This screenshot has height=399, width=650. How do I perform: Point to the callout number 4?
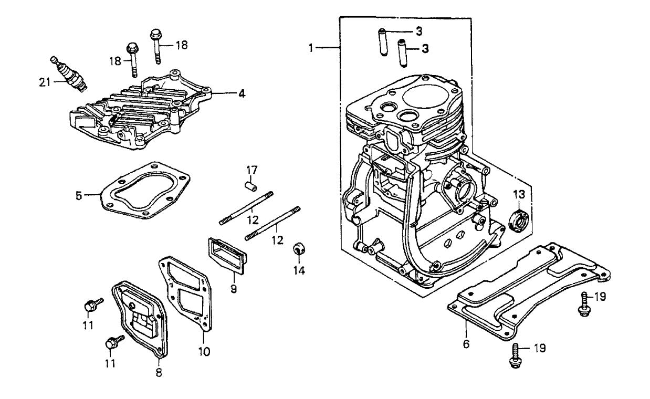tap(241, 94)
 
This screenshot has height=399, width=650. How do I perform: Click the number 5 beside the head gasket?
tap(78, 196)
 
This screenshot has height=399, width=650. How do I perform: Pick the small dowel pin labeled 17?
tap(251, 185)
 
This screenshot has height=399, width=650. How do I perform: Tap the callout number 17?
tap(253, 170)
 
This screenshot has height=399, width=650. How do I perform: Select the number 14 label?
tap(299, 271)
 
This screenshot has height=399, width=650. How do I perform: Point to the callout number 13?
tap(519, 195)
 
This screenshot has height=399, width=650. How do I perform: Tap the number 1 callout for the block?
tap(311, 48)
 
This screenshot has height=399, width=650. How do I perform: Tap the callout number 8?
tap(159, 373)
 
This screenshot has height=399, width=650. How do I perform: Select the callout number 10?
tap(204, 351)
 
